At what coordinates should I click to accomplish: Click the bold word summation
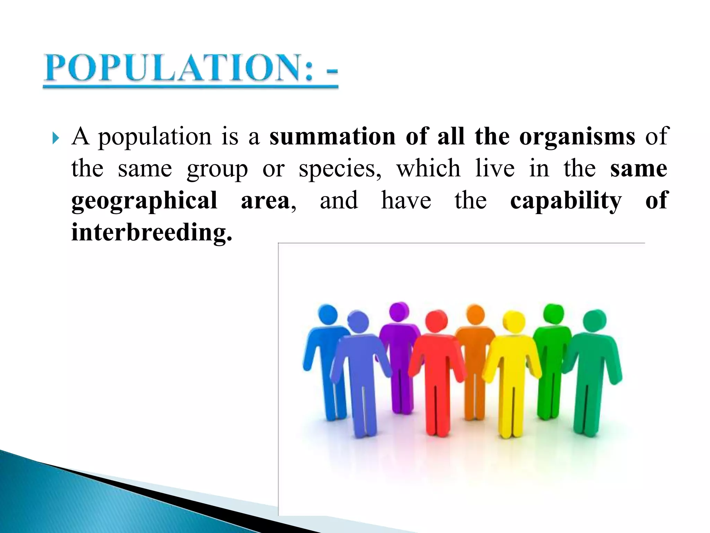click(x=332, y=136)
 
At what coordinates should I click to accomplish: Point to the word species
click(x=340, y=169)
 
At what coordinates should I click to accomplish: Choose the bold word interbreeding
click(x=151, y=232)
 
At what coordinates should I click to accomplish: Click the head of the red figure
click(x=436, y=321)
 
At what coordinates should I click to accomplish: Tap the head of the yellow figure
click(x=514, y=322)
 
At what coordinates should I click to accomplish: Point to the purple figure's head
click(x=399, y=311)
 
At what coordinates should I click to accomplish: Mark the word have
click(x=406, y=201)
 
